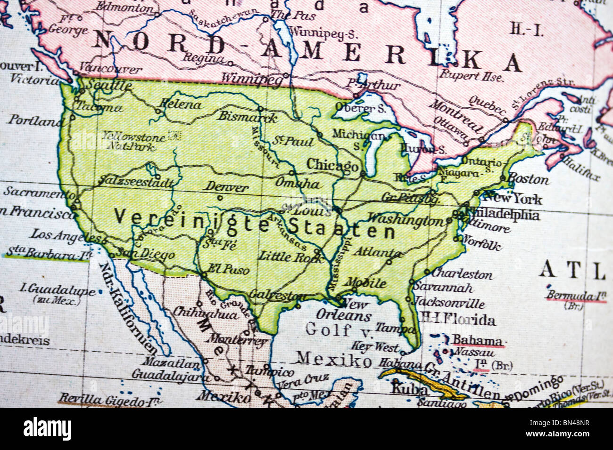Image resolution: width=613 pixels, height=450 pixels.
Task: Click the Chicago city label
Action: pos(332,166)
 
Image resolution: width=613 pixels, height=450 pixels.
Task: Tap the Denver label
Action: pos(227,187)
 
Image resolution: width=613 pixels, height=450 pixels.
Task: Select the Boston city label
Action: pos(528,179)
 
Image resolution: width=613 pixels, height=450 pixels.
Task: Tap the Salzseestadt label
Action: pos(136,182)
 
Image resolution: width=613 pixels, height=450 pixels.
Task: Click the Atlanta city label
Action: pos(377,251)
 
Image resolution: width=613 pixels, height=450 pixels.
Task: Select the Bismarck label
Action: pos(248,116)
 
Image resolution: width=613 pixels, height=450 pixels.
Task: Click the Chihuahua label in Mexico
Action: pos(205,313)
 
